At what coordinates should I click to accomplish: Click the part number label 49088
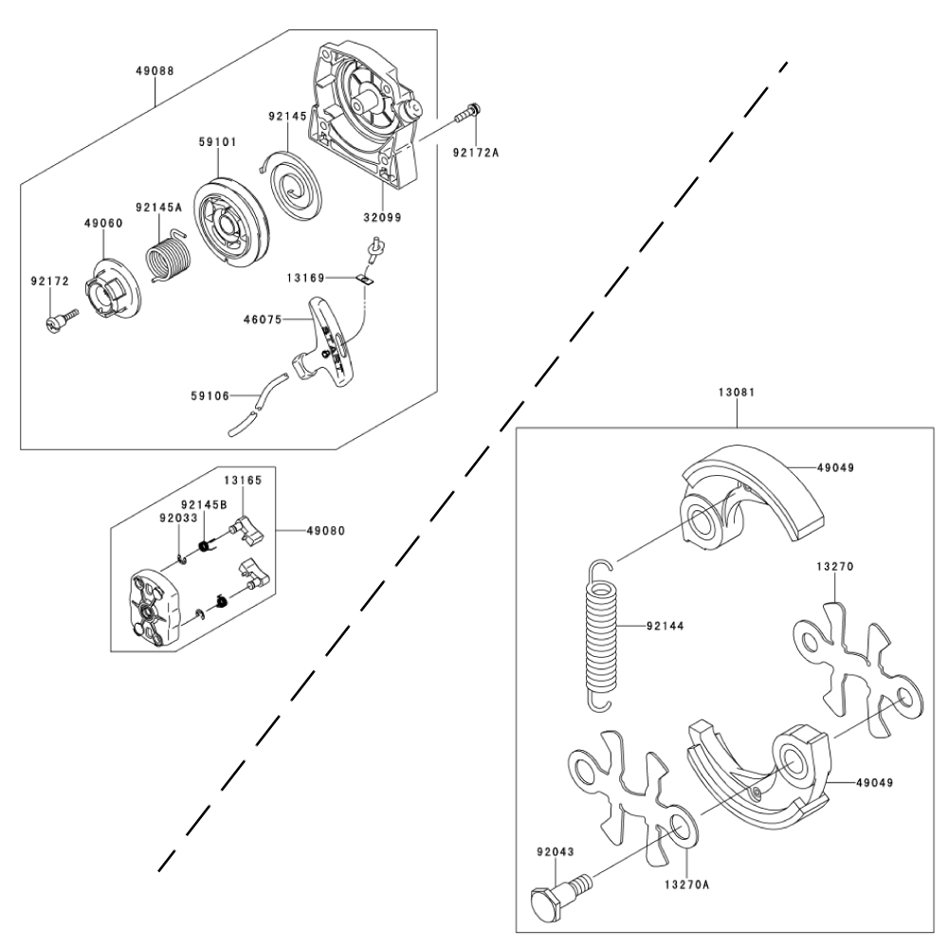[155, 70]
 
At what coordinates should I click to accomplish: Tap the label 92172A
[474, 151]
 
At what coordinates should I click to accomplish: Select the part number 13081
[735, 392]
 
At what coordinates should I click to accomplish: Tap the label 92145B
[204, 503]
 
